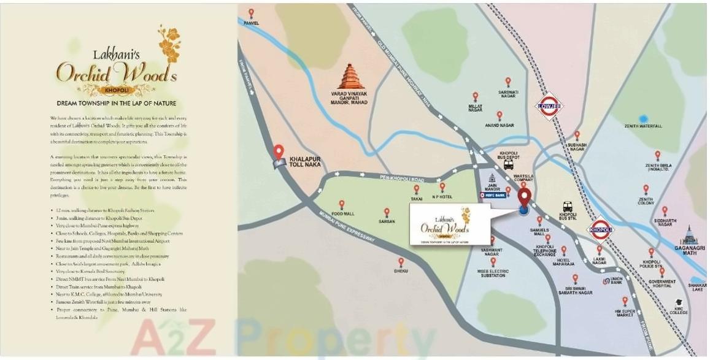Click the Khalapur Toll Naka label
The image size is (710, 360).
[304, 163]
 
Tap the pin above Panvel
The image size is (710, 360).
[251, 13]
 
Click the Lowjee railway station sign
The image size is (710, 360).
[549, 105]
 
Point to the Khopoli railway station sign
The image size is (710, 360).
[601, 230]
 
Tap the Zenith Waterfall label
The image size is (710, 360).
[643, 126]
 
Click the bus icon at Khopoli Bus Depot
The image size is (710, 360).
[509, 164]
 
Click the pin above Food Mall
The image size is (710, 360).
[342, 204]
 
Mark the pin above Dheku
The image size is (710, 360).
[401, 262]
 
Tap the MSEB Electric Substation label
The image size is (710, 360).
[492, 273]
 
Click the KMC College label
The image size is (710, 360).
[679, 312]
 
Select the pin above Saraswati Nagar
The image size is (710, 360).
[508, 82]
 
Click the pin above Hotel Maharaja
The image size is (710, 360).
[563, 250]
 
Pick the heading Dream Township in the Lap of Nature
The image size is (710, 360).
[117, 103]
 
